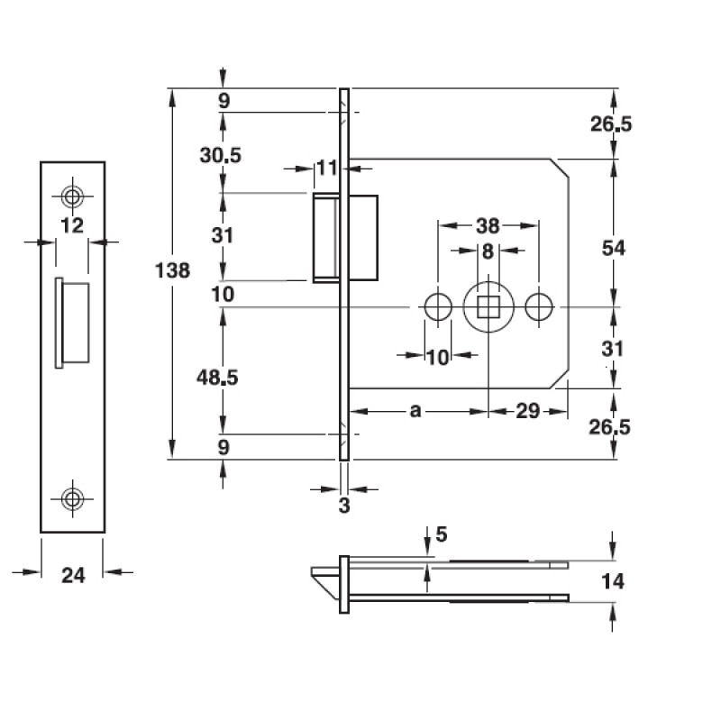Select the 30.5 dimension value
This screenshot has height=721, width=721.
(220, 155)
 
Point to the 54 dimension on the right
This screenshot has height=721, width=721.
(614, 248)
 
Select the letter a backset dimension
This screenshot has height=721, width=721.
(415, 411)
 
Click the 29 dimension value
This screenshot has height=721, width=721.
(527, 411)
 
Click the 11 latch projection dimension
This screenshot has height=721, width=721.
(325, 168)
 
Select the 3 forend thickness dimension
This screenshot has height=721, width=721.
(343, 506)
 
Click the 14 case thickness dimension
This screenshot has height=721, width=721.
(613, 581)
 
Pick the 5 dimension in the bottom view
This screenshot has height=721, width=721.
(441, 534)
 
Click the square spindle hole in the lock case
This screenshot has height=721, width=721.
(488, 307)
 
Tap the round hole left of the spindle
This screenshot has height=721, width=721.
(438, 307)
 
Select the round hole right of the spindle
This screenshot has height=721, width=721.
(539, 307)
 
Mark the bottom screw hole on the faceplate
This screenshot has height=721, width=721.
(72, 497)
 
